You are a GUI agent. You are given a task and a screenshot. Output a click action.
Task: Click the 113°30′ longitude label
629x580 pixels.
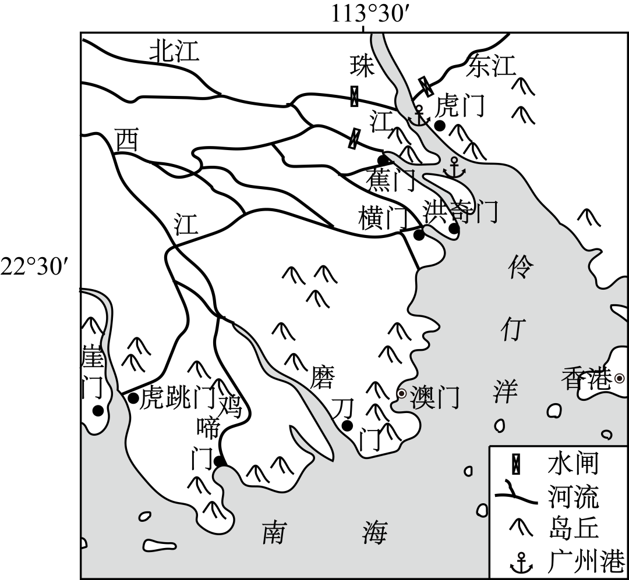pyautogui.click(x=364, y=13)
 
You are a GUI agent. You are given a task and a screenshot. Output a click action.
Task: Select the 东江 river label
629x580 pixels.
pyautogui.click(x=492, y=67)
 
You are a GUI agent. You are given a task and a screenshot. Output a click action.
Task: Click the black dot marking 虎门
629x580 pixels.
pyautogui.click(x=440, y=126)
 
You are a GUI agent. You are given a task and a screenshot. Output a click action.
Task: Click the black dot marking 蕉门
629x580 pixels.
pyautogui.click(x=383, y=160)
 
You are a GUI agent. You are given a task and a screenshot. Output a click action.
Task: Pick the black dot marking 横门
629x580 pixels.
pyautogui.click(x=419, y=234)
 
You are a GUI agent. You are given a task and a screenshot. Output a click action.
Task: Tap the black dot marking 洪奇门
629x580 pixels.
pyautogui.click(x=454, y=229)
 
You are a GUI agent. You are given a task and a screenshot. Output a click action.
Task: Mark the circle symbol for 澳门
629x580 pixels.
pyautogui.click(x=401, y=393)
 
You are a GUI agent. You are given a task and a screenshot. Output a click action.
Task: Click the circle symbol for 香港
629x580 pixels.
pyautogui.click(x=620, y=378)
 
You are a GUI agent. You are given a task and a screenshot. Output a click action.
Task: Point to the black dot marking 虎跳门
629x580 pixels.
pyautogui.click(x=133, y=398)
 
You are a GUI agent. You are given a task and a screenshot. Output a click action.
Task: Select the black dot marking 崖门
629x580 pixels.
pyautogui.click(x=98, y=411)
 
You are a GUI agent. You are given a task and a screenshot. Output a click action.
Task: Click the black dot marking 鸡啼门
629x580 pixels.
pyautogui.click(x=220, y=461)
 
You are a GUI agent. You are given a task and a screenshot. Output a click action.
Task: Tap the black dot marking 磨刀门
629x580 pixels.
pyautogui.click(x=347, y=426)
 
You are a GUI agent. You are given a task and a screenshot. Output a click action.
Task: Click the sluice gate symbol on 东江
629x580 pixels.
pyautogui.click(x=427, y=86)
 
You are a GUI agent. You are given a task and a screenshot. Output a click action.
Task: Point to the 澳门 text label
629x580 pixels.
pyautogui.click(x=434, y=398)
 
